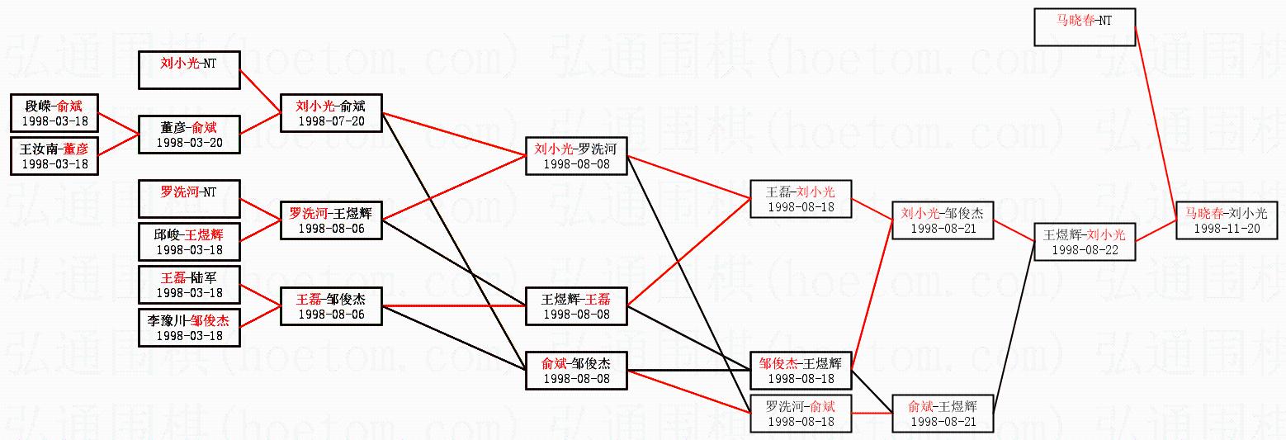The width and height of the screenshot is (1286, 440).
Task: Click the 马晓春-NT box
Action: pyautogui.click(x=1085, y=27)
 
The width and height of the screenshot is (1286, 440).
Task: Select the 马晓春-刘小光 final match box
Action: pyautogui.click(x=1227, y=220)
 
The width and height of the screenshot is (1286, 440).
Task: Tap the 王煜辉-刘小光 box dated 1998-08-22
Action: pyautogui.click(x=1085, y=241)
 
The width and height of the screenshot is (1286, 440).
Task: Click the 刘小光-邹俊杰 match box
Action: pyautogui.click(x=942, y=220)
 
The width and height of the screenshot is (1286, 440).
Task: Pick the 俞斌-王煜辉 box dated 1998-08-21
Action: pyautogui.click(x=942, y=413)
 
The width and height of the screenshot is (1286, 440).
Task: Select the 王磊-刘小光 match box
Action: pyautogui.click(x=800, y=199)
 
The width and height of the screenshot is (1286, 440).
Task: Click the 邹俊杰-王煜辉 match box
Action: pyautogui.click(x=800, y=370)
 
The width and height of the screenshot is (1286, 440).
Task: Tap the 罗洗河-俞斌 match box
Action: pyautogui.click(x=800, y=413)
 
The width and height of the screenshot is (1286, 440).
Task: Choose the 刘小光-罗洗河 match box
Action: pyautogui.click(x=575, y=155)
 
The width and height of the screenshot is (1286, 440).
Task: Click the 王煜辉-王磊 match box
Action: pyautogui.click(x=575, y=306)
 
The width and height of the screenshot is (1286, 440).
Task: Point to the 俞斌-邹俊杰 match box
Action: pyautogui.click(x=575, y=370)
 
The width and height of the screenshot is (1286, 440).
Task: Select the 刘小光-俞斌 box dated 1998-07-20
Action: pyautogui.click(x=330, y=113)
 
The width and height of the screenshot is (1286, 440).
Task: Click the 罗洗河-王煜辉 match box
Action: pyautogui.click(x=330, y=220)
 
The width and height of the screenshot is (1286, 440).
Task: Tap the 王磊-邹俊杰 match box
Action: pyautogui.click(x=330, y=306)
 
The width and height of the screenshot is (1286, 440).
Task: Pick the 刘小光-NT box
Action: pyautogui.click(x=188, y=70)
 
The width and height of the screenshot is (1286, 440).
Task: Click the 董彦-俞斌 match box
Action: pyautogui.click(x=188, y=135)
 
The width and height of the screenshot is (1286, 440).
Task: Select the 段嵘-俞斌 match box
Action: pyautogui.click(x=54, y=113)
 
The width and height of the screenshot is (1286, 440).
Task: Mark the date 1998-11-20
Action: pyautogui.click(x=1227, y=228)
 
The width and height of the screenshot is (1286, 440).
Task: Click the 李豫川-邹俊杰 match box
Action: pyautogui.click(x=188, y=328)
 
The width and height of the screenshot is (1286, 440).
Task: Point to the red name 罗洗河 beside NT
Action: pyautogui.click(x=180, y=192)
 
